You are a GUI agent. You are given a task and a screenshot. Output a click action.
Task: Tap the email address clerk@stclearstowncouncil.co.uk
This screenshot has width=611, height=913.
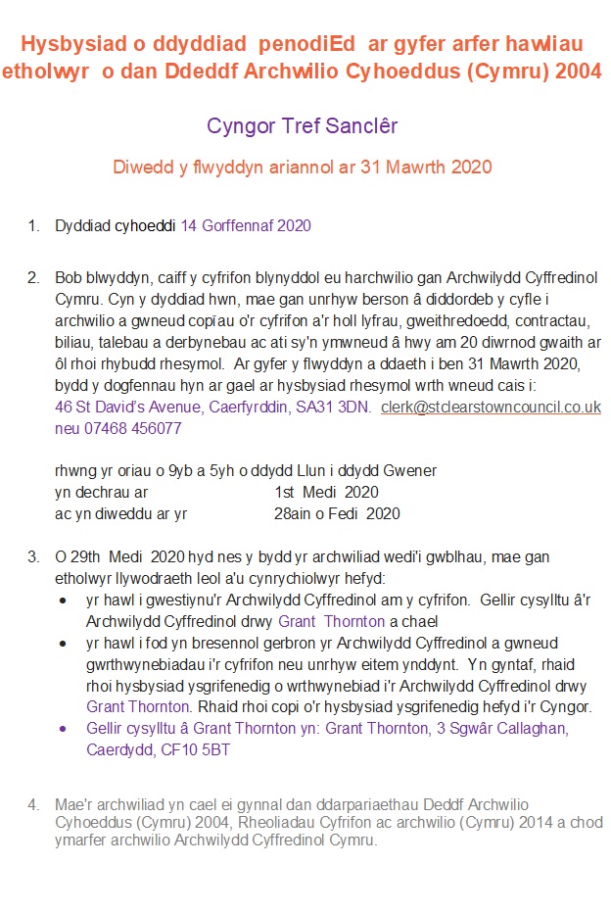(x=491, y=408)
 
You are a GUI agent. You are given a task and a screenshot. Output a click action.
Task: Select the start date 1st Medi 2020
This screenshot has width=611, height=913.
(x=326, y=492)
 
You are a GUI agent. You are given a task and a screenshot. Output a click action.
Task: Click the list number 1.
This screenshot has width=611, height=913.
(x=33, y=226)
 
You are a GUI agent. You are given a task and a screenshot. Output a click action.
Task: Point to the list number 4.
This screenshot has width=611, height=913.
(x=33, y=805)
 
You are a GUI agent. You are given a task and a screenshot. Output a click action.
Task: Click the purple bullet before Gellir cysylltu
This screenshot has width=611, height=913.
(x=64, y=729)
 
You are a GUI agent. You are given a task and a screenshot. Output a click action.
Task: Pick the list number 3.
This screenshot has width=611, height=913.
(x=33, y=557)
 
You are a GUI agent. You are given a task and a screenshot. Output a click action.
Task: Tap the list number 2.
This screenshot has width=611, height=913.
(x=33, y=278)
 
